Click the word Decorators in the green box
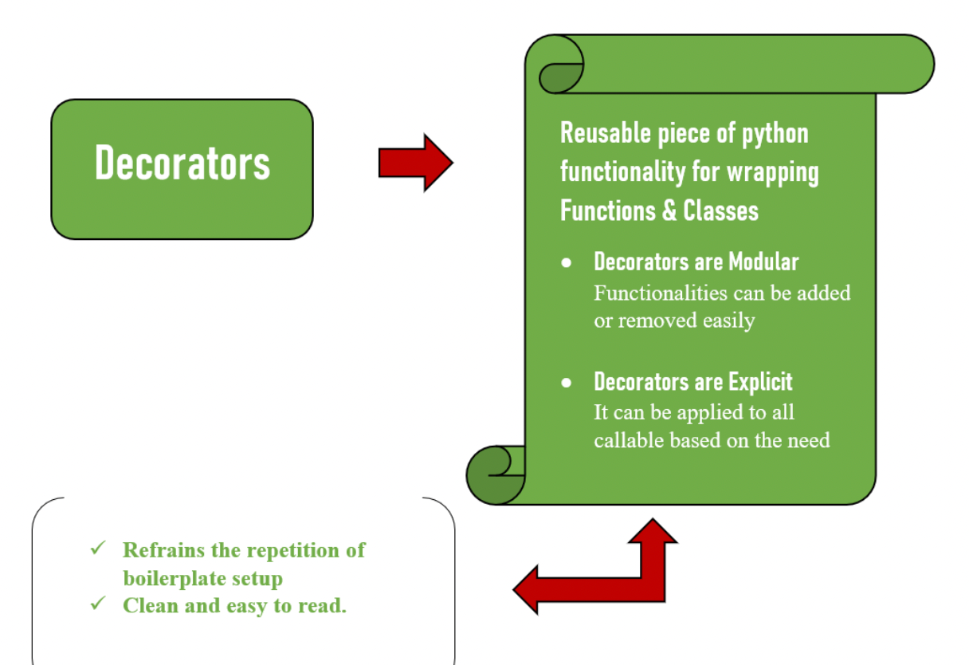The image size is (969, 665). click(x=182, y=163)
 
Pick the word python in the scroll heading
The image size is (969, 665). click(x=775, y=134)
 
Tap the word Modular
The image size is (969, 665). click(x=762, y=262)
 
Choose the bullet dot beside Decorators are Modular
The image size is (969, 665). click(x=567, y=262)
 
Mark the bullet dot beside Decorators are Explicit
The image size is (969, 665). click(x=567, y=383)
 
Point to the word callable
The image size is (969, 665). click(x=628, y=439)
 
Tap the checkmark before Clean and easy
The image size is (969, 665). click(x=98, y=604)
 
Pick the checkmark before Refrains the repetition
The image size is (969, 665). click(x=98, y=548)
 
